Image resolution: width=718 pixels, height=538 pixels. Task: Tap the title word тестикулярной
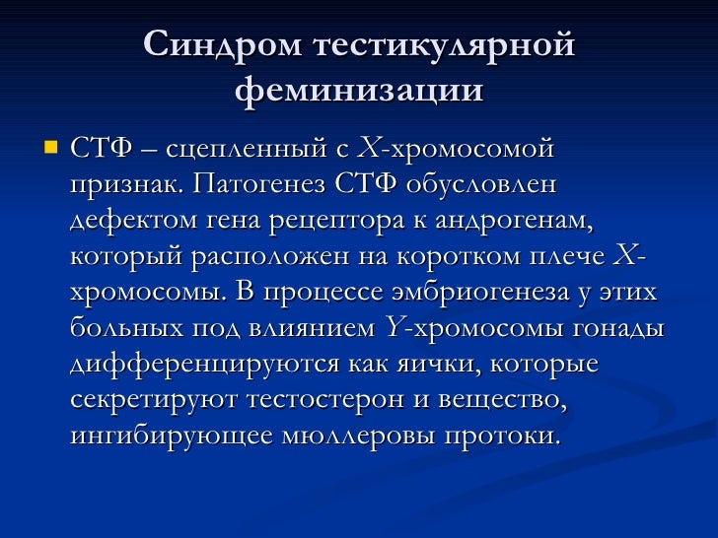445,45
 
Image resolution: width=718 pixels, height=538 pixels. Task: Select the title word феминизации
360,91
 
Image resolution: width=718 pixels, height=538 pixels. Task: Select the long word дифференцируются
203,363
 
